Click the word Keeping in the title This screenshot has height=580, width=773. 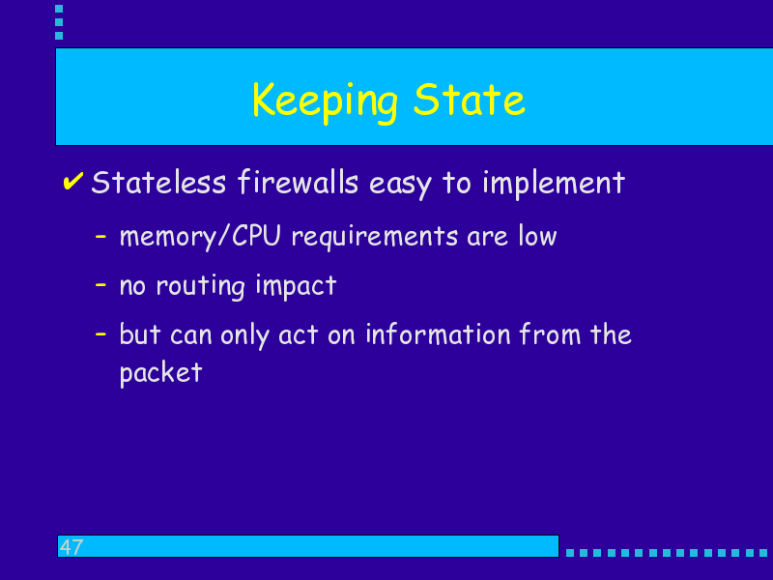325,102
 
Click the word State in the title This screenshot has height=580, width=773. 470,100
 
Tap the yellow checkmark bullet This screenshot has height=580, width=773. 73,181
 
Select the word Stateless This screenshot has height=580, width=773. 158,183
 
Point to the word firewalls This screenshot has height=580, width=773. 298,182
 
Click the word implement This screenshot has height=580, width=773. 554,184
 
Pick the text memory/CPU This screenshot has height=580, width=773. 200,237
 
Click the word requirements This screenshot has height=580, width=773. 375,237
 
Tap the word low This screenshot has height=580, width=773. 537,236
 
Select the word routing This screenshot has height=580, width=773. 200,286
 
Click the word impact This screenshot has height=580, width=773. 296,286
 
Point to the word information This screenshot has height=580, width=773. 438,334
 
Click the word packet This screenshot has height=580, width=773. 160,373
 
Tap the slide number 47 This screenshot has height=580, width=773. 72,547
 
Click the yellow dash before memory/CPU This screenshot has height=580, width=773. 100,237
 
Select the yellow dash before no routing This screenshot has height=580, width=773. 100,284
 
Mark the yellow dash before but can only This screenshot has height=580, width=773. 100,333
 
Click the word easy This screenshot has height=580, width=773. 400,185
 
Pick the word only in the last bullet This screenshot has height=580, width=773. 245,335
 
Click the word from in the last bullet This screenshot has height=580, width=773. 550,333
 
